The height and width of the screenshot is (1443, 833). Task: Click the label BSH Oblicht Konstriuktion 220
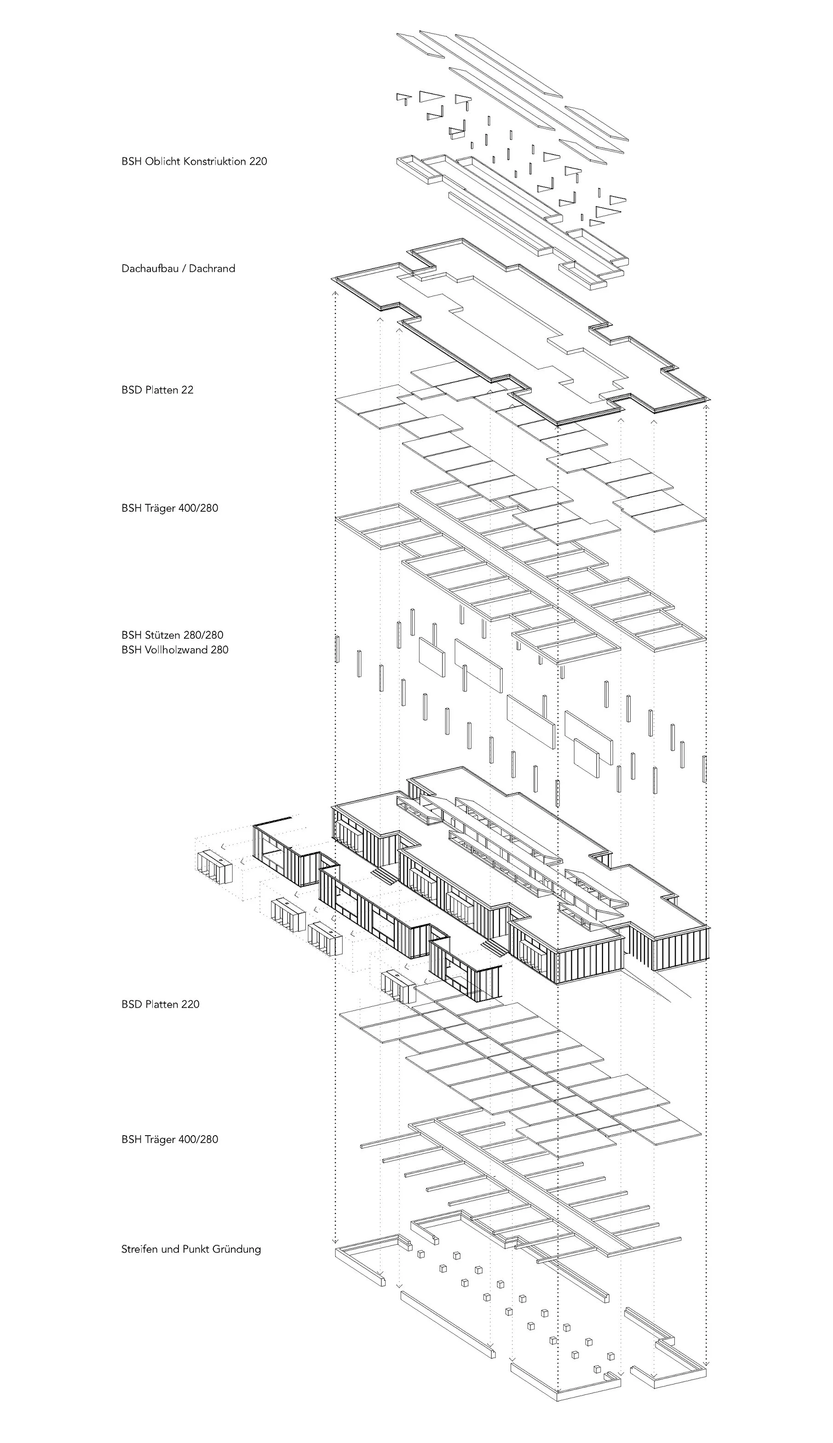[x=194, y=162]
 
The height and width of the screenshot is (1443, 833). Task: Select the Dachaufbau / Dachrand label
[x=178, y=268]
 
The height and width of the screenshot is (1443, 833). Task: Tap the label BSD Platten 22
[x=157, y=390]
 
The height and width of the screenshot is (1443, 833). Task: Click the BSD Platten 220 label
[x=160, y=1004]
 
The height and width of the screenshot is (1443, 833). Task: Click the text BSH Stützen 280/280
[x=172, y=635]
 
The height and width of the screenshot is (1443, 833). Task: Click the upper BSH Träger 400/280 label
[x=169, y=508]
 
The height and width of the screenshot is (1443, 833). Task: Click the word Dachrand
[x=212, y=268]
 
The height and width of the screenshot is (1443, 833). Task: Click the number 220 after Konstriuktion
[x=258, y=162]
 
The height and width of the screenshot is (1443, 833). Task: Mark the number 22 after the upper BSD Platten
[x=187, y=390]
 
